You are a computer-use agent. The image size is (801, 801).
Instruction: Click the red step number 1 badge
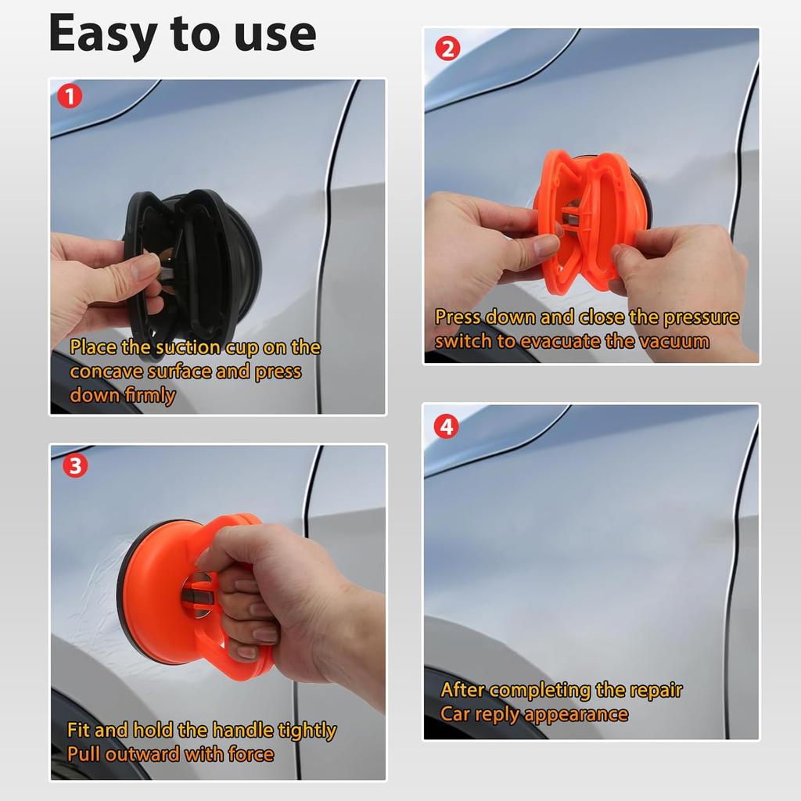coord(70,95)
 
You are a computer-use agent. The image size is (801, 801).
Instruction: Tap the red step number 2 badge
coord(447,48)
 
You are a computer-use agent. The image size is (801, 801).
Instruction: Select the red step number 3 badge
coord(75,465)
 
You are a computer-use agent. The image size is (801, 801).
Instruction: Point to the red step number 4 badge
coord(447,426)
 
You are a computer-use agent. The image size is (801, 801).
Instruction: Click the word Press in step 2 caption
coord(458,318)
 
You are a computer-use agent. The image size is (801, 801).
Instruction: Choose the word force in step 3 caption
coord(251,755)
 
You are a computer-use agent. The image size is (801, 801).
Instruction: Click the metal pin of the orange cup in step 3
coord(194,594)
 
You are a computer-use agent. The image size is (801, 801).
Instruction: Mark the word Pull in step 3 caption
coord(84,754)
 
